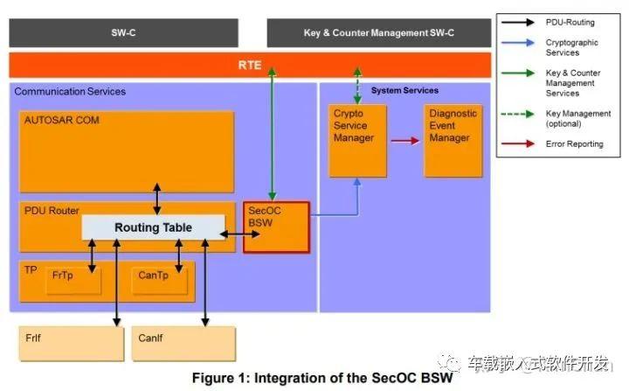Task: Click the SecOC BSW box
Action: point(276,227)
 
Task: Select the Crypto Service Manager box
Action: point(358,141)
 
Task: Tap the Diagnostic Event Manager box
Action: point(453,141)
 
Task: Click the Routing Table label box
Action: point(153,227)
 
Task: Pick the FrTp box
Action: point(73,281)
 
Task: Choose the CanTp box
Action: point(160,281)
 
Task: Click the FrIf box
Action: point(72,344)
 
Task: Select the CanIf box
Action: point(183,344)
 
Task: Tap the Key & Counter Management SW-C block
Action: point(379,33)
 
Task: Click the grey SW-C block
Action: point(123,33)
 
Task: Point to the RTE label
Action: point(250,65)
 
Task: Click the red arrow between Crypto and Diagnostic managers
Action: point(405,141)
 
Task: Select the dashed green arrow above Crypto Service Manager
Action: point(357,86)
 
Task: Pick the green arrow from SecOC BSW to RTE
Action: point(272,134)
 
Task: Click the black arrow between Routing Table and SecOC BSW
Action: point(240,234)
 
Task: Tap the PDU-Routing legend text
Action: point(570,23)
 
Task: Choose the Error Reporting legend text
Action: point(575,143)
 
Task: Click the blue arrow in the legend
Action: point(518,43)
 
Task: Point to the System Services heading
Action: point(404,90)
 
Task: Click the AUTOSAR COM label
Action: point(62,120)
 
